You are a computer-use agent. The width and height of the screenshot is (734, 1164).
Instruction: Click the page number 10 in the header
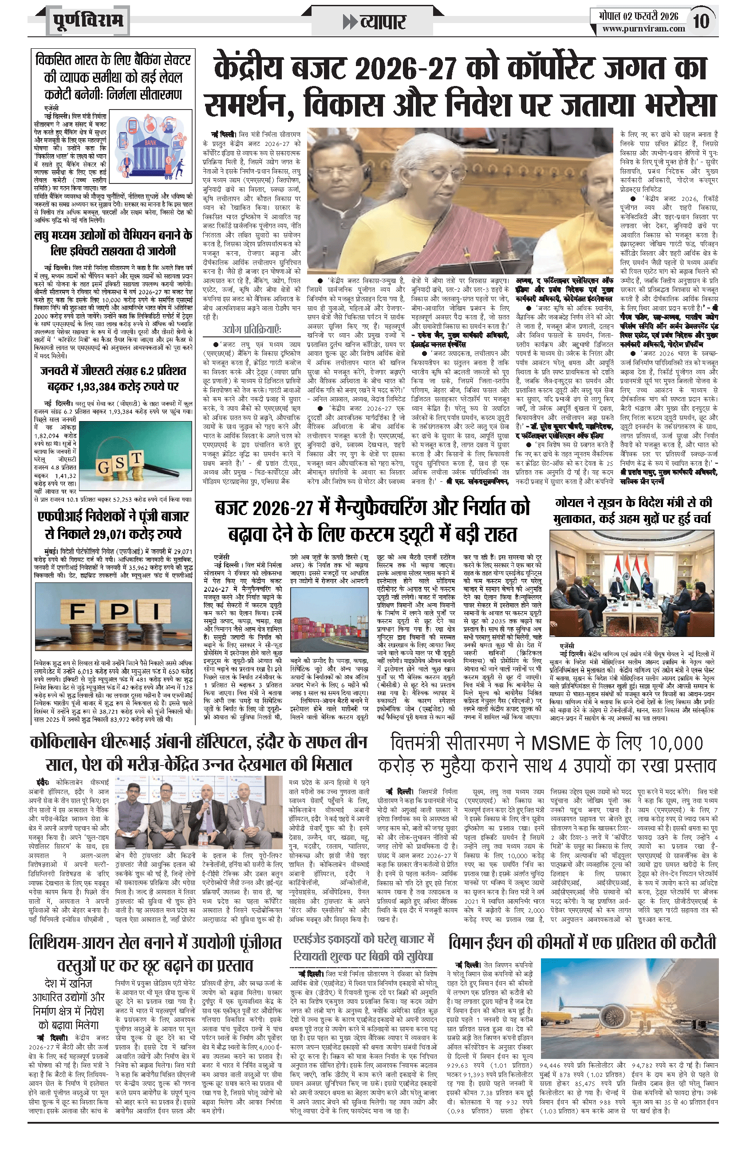tap(701, 21)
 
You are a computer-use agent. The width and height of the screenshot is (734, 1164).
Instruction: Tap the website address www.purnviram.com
tap(643, 28)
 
